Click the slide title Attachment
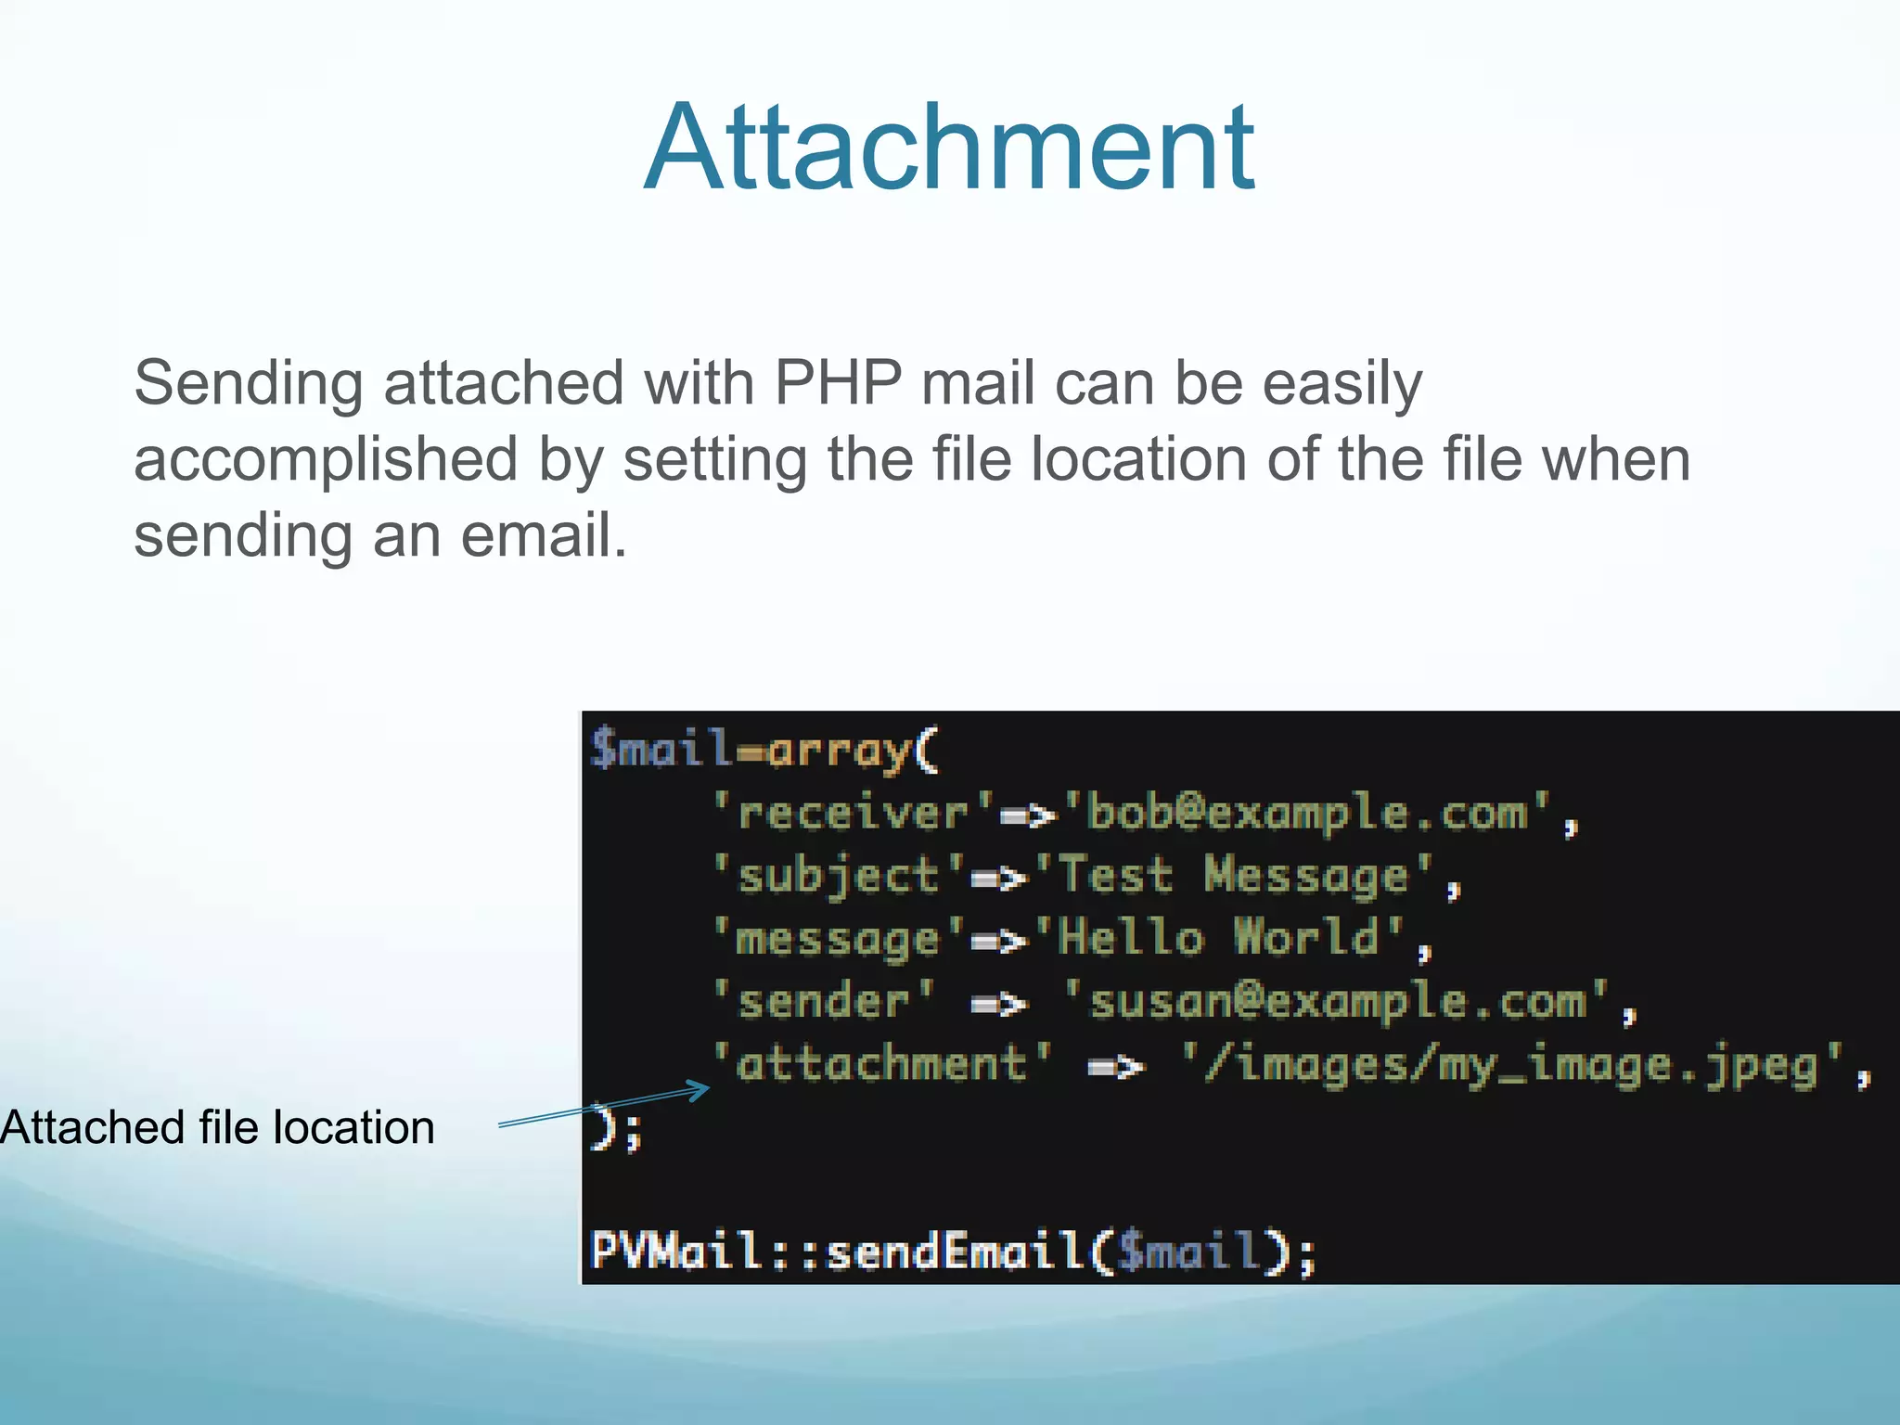[949, 148]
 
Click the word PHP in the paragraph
[837, 382]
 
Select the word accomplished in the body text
[326, 459]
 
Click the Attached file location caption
[218, 1128]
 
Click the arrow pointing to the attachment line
[603, 1105]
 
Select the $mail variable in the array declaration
[661, 748]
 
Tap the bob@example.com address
[1306, 813]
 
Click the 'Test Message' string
[1234, 876]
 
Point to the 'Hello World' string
[1220, 937]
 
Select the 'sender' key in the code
[824, 1001]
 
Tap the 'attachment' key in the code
[881, 1063]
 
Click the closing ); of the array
[616, 1129]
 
